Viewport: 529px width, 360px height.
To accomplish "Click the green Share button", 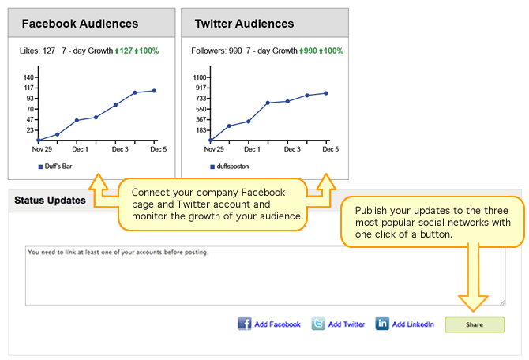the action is click(475, 324).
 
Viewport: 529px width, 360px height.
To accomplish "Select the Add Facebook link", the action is click(277, 324).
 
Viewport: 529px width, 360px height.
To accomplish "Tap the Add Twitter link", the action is click(347, 324).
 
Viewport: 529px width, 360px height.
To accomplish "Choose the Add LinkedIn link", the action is click(413, 324).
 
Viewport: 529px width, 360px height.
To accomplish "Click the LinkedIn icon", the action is click(382, 324).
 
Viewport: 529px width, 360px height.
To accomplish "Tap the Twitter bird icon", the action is click(318, 324).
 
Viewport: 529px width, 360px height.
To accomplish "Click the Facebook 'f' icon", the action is click(244, 324).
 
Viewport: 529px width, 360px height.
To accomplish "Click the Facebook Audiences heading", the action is click(80, 24).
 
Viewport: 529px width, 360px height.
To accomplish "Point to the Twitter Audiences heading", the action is click(244, 24).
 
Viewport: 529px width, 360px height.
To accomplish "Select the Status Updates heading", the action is click(50, 201).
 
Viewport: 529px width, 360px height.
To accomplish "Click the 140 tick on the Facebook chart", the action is click(28, 77).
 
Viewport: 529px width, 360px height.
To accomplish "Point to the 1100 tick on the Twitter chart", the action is click(200, 77).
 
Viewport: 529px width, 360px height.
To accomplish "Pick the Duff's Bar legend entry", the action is click(55, 167).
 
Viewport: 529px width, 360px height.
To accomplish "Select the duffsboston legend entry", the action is click(230, 167).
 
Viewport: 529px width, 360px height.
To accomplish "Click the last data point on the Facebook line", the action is click(154, 91).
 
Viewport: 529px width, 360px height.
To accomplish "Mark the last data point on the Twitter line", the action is click(326, 93).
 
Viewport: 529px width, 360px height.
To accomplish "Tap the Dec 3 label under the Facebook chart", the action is click(120, 149).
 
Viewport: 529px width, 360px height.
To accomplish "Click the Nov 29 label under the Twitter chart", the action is click(214, 149).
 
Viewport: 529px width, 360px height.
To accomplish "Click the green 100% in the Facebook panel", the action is click(147, 51).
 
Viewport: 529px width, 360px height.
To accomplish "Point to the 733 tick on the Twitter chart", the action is click(201, 99).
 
